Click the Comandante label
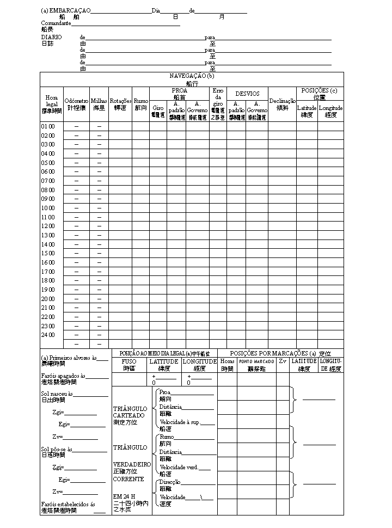pyautogui.click(x=56, y=23)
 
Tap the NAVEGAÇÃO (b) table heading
pyautogui.click(x=192, y=76)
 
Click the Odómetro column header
pyautogui.click(x=76, y=101)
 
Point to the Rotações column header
pyautogui.click(x=120, y=101)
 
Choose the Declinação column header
pyautogui.click(x=282, y=101)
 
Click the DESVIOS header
pyautogui.click(x=247, y=94)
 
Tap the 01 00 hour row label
pyautogui.click(x=48, y=126)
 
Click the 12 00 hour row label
pyautogui.click(x=48, y=226)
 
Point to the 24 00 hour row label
pyautogui.click(x=48, y=335)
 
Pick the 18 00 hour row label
pyautogui.click(x=48, y=280)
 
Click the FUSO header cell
pyautogui.click(x=129, y=361)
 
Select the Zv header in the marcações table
pyautogui.click(x=283, y=361)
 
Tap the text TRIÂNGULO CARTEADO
pyautogui.click(x=130, y=412)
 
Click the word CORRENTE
pyautogui.click(x=128, y=479)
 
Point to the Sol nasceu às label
pyautogui.click(x=59, y=394)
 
